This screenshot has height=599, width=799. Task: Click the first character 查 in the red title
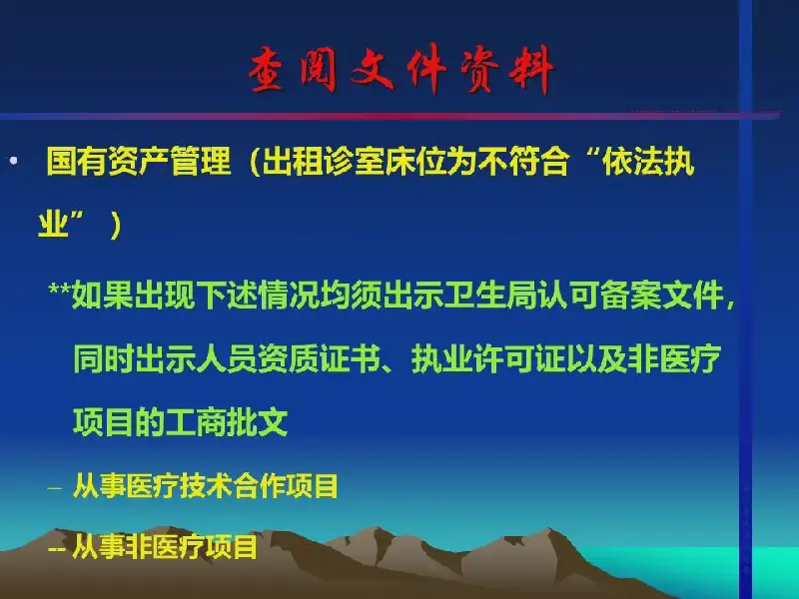pos(267,70)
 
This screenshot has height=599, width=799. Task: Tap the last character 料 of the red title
pos(532,70)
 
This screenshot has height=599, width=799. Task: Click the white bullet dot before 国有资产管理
pos(14,161)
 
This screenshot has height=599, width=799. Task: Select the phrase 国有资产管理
pos(139,161)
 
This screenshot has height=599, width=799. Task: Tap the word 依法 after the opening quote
pos(632,161)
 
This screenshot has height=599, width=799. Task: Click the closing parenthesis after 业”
pos(116,225)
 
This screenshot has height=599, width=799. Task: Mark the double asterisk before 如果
pos(59,290)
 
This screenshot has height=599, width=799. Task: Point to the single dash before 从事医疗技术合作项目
pos(55,488)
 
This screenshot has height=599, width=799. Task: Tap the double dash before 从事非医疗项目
pos(56,549)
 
